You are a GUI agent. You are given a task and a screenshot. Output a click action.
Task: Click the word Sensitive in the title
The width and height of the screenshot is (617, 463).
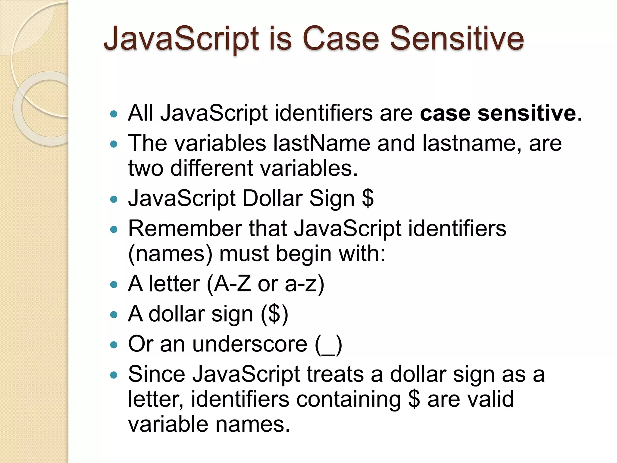coord(457,39)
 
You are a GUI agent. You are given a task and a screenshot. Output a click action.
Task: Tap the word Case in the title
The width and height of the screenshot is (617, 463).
coord(340,39)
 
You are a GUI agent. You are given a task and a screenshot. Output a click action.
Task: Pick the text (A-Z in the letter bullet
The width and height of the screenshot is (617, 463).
coord(229,284)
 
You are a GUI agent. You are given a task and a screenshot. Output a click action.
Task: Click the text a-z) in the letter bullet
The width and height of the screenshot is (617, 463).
coord(305,284)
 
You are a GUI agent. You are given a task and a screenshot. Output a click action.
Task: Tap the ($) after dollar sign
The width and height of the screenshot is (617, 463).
coord(274,314)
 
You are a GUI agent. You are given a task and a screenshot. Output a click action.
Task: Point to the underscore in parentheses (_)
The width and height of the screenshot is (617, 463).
coord(329,345)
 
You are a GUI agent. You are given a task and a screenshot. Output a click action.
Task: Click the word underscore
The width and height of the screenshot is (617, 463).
coord(250,344)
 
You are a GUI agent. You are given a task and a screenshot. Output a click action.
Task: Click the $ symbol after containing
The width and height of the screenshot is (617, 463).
coord(414,399)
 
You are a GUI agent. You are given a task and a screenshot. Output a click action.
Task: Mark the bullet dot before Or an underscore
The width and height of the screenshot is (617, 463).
coord(114,345)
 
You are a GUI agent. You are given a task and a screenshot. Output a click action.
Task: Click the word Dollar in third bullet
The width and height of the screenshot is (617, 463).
coord(272,198)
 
